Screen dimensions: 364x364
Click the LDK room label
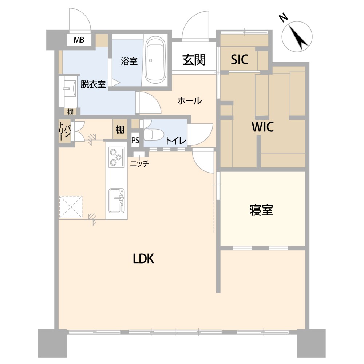143,258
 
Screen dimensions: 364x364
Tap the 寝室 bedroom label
261,210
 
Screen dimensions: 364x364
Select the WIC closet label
262,127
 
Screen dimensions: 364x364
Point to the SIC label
240,59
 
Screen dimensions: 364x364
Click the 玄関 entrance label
194,60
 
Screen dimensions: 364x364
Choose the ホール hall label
189,101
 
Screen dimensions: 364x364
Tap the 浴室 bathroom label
129,61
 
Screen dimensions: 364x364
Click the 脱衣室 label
93,84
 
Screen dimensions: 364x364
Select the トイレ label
175,140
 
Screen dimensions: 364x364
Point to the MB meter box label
79,40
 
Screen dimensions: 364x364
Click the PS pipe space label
135,140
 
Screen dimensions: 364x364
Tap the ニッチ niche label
139,164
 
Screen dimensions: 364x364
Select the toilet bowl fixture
154,134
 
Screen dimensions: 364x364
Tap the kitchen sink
117,201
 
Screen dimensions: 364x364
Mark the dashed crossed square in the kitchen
71,207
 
